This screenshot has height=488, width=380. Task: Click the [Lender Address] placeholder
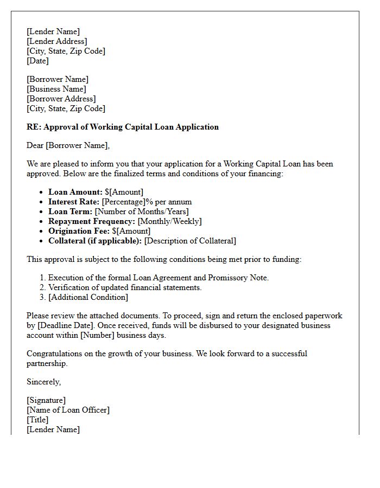click(56, 41)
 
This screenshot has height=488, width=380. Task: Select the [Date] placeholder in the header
click(37, 61)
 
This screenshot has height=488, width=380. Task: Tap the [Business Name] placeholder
click(56, 89)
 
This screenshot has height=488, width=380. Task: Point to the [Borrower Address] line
click(61, 99)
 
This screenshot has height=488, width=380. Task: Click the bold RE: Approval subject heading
click(123, 127)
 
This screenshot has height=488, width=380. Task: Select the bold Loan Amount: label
click(75, 192)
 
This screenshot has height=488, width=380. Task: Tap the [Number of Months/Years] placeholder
click(142, 211)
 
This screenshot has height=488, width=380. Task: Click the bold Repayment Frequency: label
click(92, 221)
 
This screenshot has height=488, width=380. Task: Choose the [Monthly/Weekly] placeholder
click(169, 221)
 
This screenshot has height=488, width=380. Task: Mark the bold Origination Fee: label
click(79, 231)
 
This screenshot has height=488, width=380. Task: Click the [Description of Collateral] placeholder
click(190, 241)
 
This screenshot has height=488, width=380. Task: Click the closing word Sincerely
click(43, 382)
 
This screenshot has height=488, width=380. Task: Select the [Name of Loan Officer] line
click(68, 410)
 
